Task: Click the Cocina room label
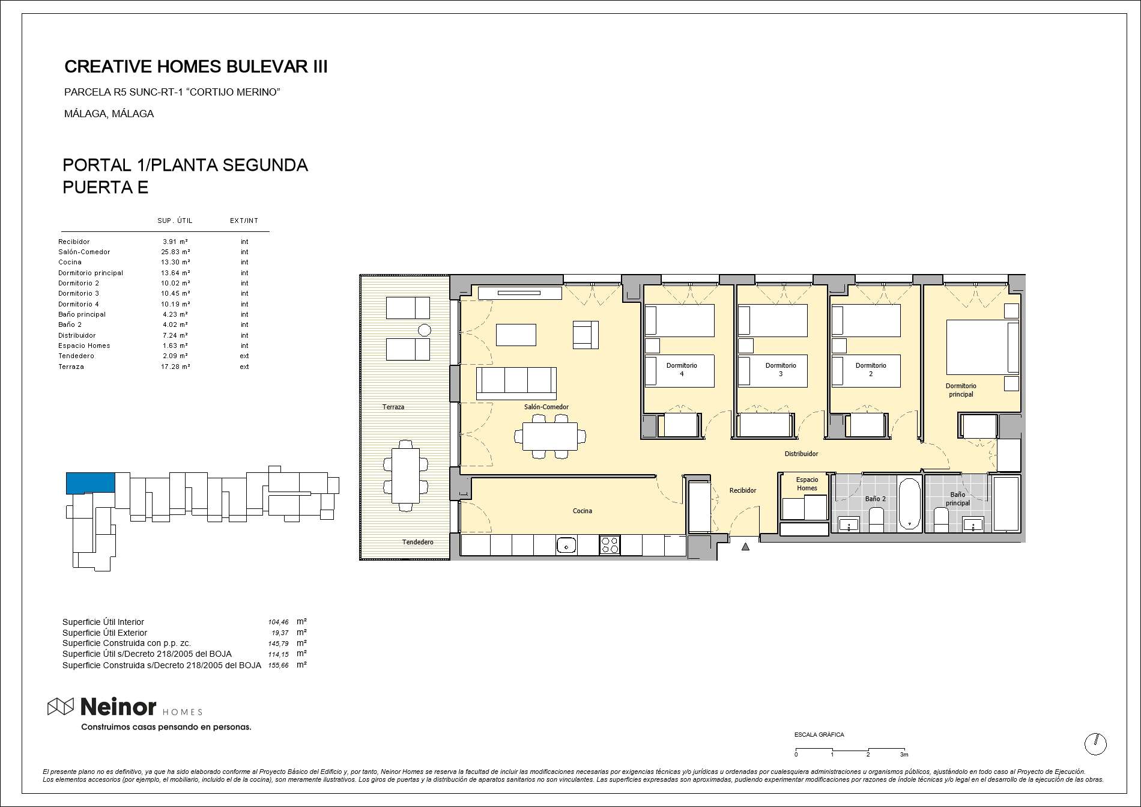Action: coord(582,511)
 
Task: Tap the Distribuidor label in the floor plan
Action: coord(801,454)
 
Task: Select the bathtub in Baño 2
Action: coord(909,505)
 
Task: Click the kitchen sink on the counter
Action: coord(566,546)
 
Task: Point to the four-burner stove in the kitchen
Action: coord(610,545)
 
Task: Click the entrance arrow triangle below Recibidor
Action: coord(745,547)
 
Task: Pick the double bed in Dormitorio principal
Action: coord(982,347)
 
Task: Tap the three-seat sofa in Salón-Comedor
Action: coord(516,383)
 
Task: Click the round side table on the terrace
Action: coord(425,330)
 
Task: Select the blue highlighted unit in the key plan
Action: coord(90,483)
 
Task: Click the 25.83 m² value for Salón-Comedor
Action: coord(175,252)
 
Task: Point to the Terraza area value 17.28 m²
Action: coord(175,367)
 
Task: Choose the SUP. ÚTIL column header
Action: coord(175,221)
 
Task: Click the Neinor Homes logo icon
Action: coord(61,707)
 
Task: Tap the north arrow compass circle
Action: coord(1095,744)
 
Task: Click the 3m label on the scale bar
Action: coord(904,755)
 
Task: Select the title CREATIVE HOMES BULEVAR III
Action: coord(196,67)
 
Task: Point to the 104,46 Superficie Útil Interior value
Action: coord(278,623)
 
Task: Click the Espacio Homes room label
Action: coord(807,484)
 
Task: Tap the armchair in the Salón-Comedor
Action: coord(586,335)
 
